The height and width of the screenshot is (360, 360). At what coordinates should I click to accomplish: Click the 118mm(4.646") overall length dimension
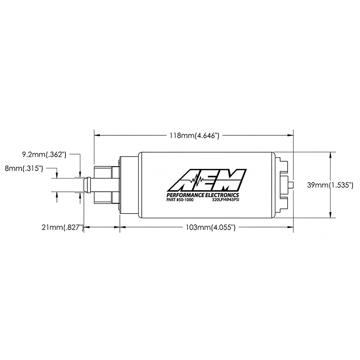click(x=194, y=136)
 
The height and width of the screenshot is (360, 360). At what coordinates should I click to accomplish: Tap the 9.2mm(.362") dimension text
click(x=44, y=154)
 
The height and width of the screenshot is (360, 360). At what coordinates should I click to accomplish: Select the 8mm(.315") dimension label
click(x=24, y=168)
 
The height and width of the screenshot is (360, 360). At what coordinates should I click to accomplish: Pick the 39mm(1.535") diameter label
click(x=330, y=185)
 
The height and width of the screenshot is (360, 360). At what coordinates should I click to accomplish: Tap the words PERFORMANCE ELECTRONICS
click(x=202, y=195)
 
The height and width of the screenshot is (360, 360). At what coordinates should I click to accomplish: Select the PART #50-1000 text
click(x=180, y=200)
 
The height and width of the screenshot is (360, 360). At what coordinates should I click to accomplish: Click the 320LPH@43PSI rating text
click(x=226, y=200)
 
